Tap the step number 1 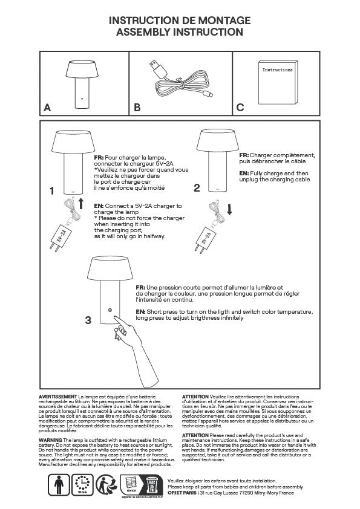point(52,191)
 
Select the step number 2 point(197,187)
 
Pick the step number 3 point(88,320)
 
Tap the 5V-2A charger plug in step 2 point(206,235)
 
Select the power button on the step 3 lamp point(110,310)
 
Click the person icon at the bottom point(59,485)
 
